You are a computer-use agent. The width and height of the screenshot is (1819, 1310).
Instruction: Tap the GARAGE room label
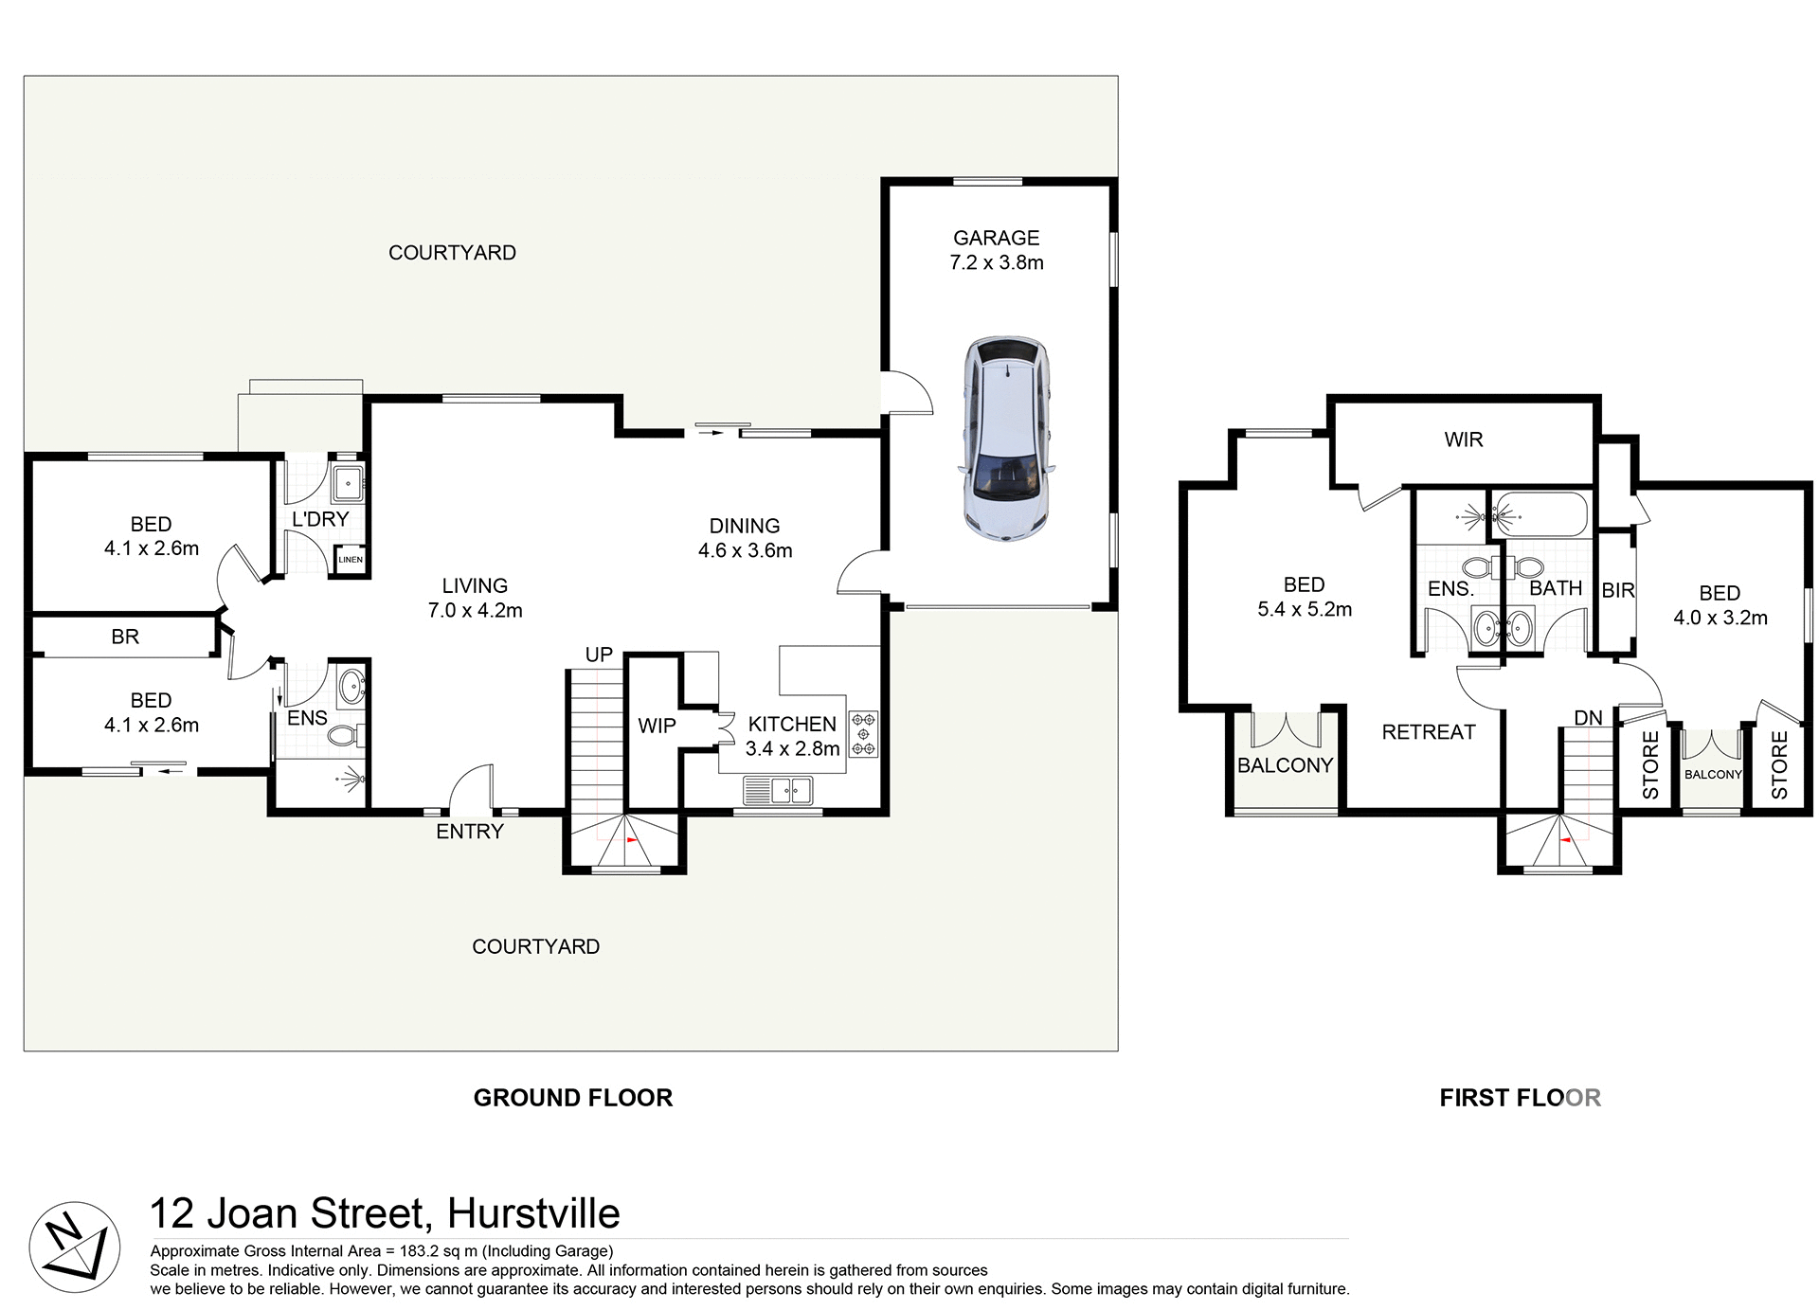996,238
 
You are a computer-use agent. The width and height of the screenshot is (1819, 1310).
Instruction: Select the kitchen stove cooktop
863,734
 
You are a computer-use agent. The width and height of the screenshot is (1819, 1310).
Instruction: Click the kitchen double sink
778,789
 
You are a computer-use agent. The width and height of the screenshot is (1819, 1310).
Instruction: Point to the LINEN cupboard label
351,560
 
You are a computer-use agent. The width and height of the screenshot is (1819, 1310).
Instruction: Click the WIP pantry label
657,727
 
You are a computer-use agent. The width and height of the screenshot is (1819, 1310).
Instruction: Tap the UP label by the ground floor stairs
599,655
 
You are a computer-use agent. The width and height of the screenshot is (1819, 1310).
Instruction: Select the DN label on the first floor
1588,718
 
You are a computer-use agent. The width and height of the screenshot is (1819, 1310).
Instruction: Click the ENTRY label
469,832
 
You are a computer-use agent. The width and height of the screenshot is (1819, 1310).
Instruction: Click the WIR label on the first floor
1463,440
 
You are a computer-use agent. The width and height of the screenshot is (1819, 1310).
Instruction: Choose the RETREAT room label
1428,732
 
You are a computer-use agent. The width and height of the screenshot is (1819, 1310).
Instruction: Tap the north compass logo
74,1247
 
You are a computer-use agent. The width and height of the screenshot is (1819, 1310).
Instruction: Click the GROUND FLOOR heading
572,1098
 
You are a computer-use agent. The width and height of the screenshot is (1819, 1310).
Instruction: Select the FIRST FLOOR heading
1520,1098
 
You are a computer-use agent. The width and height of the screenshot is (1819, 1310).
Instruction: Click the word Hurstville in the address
533,1213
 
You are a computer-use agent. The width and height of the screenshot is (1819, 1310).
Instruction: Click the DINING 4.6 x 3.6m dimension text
745,550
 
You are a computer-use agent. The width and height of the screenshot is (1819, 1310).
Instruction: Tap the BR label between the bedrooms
125,637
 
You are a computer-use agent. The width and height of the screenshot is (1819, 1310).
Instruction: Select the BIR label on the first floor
1617,591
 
